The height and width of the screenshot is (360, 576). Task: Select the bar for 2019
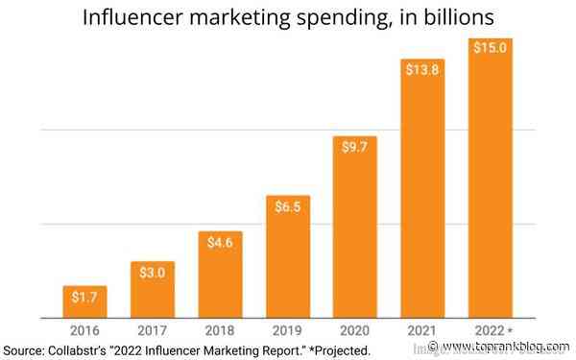click(x=288, y=256)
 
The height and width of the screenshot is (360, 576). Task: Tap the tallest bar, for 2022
click(x=490, y=178)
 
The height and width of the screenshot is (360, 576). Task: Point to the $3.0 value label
click(x=152, y=273)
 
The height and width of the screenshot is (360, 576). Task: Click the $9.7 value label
click(x=355, y=150)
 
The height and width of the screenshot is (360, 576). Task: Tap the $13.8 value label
click(x=422, y=71)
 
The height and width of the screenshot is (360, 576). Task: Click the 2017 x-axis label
click(x=152, y=329)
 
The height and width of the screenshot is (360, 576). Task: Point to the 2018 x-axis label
click(x=220, y=329)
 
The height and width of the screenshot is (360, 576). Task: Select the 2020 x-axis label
click(x=355, y=329)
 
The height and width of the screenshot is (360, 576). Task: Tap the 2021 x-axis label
click(x=422, y=329)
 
